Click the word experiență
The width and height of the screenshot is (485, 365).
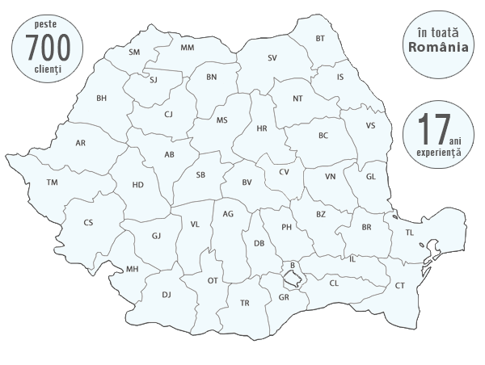(436, 151)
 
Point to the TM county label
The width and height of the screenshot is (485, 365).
(53, 183)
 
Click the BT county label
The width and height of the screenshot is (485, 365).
(320, 38)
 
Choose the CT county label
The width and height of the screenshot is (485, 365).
(400, 285)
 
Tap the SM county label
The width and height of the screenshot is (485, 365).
(134, 52)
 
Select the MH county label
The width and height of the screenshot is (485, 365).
(132, 269)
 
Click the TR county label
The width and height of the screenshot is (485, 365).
(245, 303)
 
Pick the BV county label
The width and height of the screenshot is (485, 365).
(247, 182)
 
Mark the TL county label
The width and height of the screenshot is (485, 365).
(409, 233)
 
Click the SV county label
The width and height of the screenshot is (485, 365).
(272, 58)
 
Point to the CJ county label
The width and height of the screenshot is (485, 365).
(168, 114)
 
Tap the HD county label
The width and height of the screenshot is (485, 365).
(138, 185)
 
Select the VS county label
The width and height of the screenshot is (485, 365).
(370, 126)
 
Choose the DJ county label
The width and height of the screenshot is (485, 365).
(167, 295)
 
